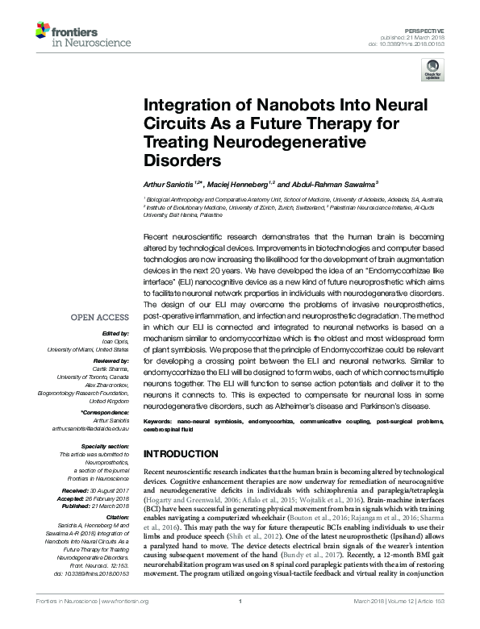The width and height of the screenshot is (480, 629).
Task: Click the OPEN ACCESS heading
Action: coord(100,316)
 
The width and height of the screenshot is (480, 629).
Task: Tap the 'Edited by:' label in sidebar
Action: coord(118,332)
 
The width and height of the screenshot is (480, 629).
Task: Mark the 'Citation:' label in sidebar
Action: coord(118,514)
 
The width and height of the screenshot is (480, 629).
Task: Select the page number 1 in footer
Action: coord(240,620)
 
